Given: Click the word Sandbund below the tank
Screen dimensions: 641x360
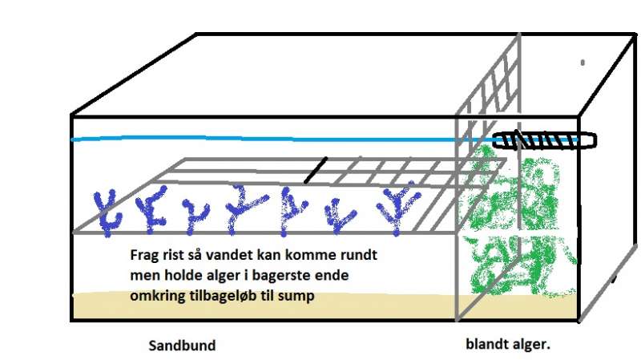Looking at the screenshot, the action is coord(182,346).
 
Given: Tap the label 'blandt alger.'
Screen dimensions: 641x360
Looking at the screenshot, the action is coord(508,344).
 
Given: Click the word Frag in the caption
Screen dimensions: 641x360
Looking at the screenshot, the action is coord(142,255).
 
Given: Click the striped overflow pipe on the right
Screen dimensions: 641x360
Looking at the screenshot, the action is coord(544,140).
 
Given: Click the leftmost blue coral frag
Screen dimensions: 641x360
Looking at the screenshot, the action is coord(107,212).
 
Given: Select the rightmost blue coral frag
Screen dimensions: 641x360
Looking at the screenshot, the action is coord(397,209).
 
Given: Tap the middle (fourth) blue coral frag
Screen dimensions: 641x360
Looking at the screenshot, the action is coord(244,208).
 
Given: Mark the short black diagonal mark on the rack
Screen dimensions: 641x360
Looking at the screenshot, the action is coord(316,170).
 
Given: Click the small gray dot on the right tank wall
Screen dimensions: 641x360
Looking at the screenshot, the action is coord(583,63).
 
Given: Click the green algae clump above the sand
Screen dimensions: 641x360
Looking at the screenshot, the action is coord(517,221).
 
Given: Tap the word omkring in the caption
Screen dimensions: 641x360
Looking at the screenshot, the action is coord(158,296).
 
